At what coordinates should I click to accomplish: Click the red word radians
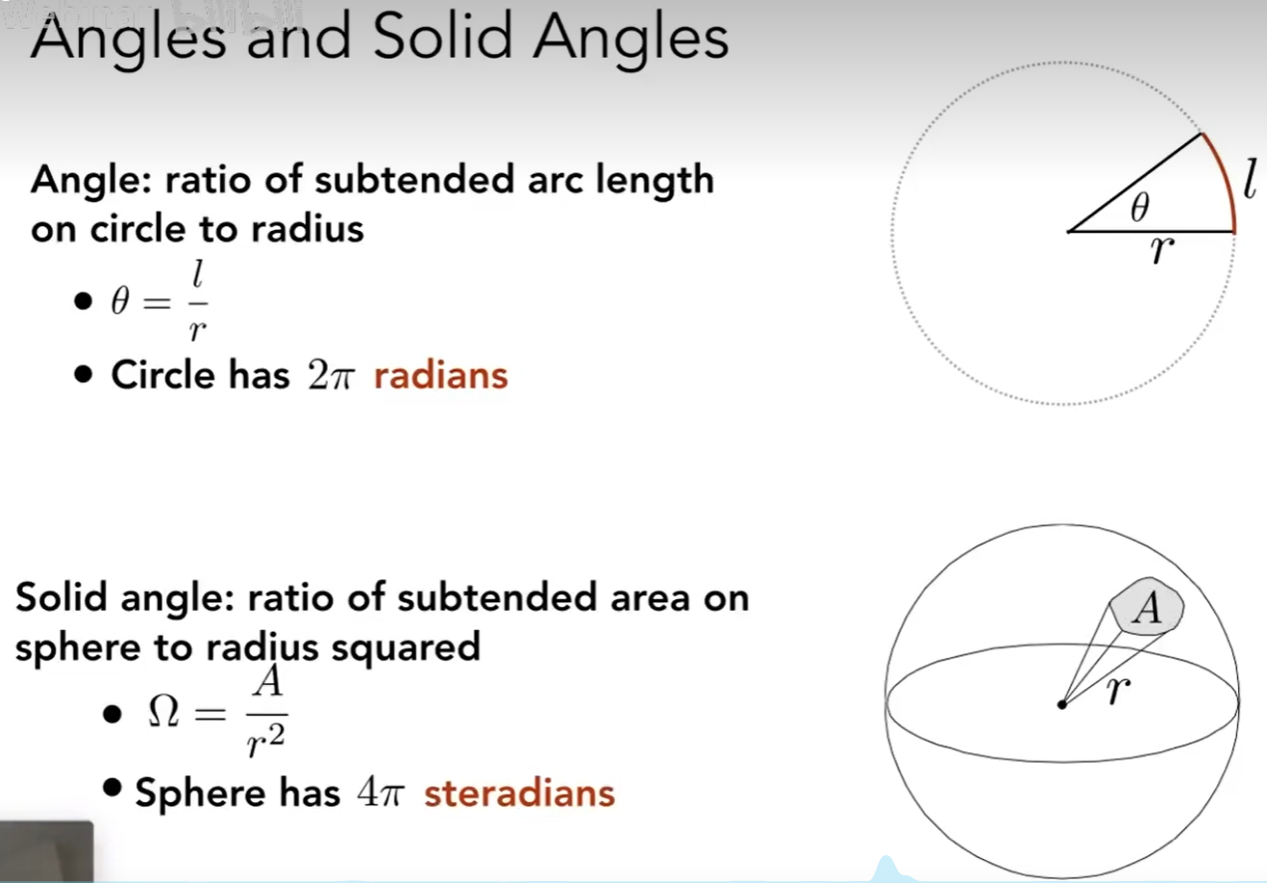[x=441, y=375]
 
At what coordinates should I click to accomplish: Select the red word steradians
[x=519, y=793]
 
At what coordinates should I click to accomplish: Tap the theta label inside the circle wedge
[x=1140, y=207]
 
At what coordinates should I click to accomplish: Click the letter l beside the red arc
[x=1251, y=178]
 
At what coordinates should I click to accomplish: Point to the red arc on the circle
[x=1226, y=180]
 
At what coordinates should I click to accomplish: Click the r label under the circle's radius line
[x=1162, y=250]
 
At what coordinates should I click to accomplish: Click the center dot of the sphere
[x=1061, y=705]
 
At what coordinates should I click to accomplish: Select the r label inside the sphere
[x=1119, y=691]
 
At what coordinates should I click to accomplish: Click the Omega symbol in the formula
[x=164, y=711]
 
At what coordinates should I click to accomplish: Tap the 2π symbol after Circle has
[x=332, y=375]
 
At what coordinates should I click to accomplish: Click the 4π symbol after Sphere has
[x=381, y=793]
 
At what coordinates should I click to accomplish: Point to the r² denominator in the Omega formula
[x=266, y=740]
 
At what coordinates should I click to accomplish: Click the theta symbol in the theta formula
[x=120, y=300]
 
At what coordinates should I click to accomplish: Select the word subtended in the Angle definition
[x=414, y=180]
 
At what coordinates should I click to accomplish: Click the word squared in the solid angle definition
[x=406, y=648]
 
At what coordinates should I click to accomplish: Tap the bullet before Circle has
[x=83, y=374]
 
